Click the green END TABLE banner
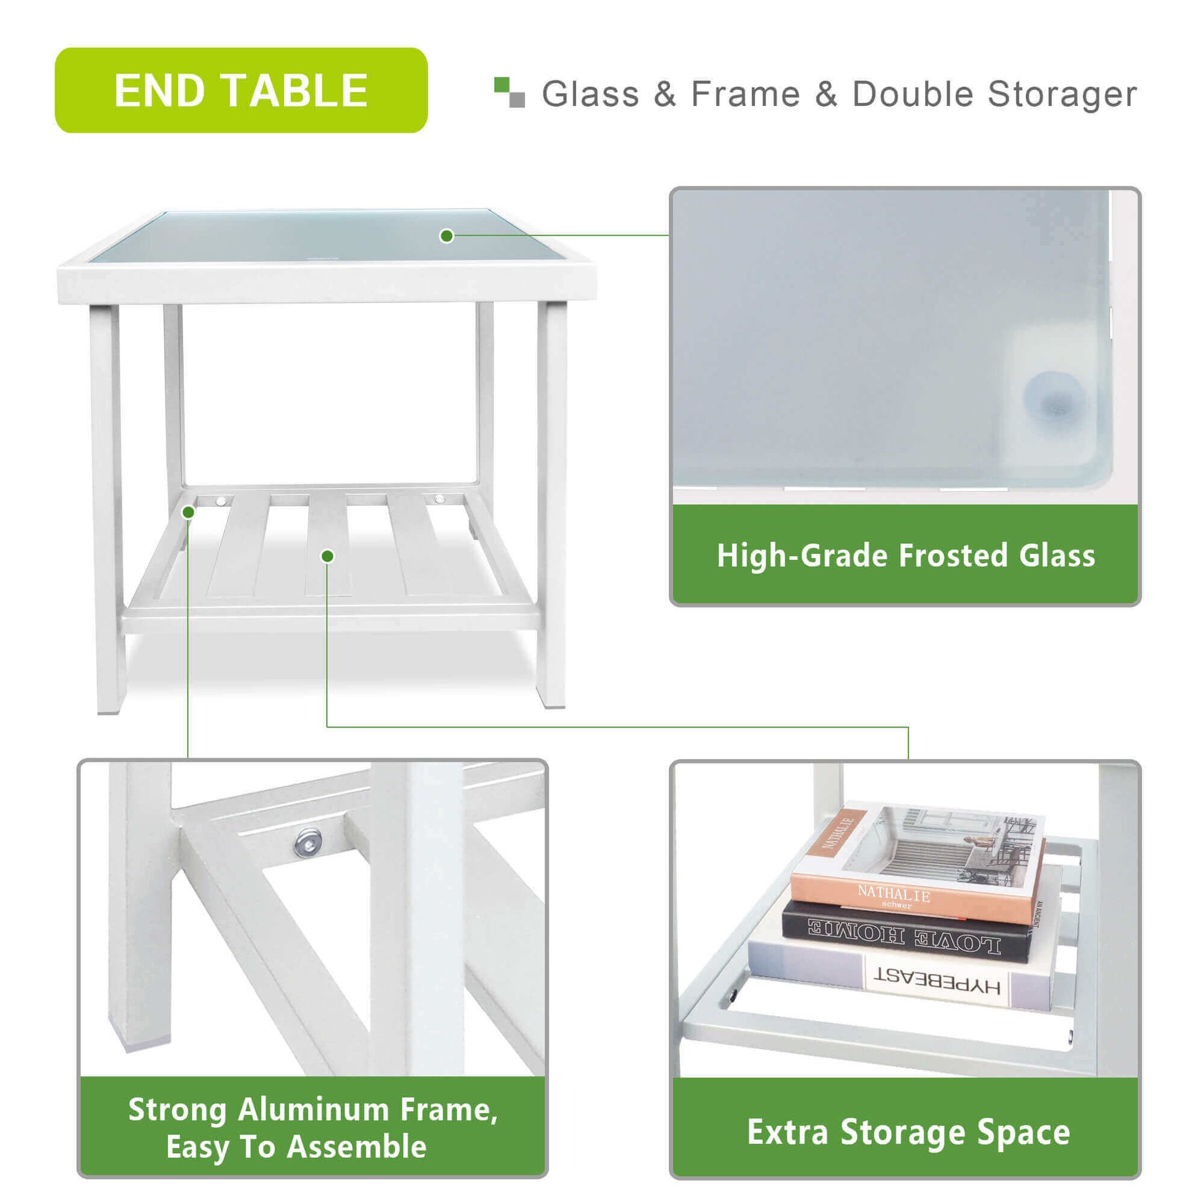click(241, 90)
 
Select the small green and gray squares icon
click(509, 92)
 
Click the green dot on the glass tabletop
click(446, 236)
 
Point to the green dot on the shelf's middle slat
click(328, 556)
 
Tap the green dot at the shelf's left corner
click(188, 512)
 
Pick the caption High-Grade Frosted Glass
click(906, 556)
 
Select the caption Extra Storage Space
click(909, 1132)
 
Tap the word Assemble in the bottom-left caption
click(357, 1147)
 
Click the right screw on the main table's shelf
click(439, 499)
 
